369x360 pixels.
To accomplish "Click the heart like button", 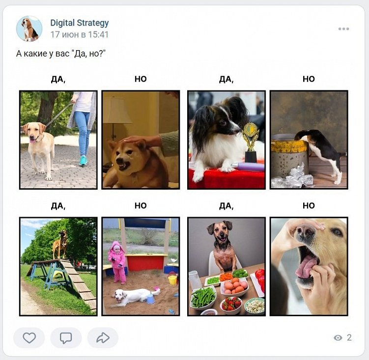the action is click(29, 338).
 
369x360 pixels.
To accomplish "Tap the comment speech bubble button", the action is click(66, 338).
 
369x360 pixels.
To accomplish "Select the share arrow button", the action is click(103, 337).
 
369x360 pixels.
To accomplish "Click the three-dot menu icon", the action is click(343, 28).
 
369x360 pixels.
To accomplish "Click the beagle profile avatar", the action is click(29, 28).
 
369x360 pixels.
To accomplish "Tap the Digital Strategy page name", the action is click(80, 23).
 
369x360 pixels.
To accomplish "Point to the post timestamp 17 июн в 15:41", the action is click(80, 34).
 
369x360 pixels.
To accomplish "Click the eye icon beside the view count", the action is click(338, 337).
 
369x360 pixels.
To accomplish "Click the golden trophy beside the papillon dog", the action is click(251, 141).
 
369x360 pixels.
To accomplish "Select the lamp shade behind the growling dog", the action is click(117, 110).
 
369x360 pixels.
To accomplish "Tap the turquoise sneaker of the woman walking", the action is click(83, 161).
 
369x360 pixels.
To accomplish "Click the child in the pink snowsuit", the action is click(117, 262).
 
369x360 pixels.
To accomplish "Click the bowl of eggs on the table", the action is click(234, 286).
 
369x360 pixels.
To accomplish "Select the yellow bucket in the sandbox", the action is click(172, 280).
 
